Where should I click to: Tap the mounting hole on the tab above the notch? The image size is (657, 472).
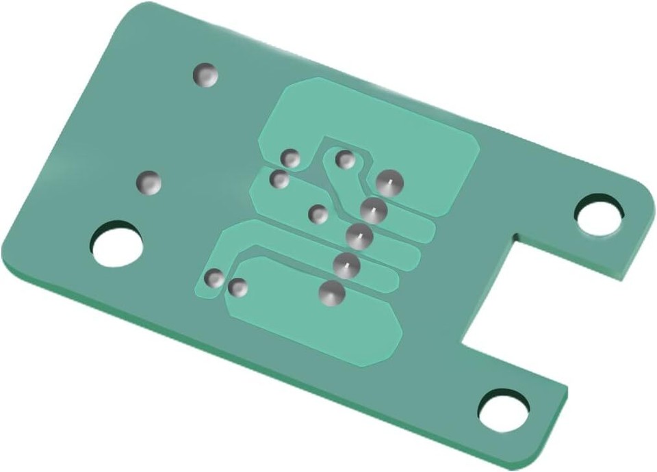click(599, 215)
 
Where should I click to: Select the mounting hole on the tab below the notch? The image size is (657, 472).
click(504, 410)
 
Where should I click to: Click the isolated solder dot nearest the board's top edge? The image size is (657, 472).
click(205, 75)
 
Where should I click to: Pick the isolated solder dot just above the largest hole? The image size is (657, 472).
click(149, 182)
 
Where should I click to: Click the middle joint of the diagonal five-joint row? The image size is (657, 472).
click(359, 237)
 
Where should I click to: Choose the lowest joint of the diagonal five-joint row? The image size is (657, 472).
click(332, 293)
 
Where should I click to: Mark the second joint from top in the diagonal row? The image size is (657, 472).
click(374, 209)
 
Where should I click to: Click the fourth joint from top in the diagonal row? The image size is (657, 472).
click(346, 263)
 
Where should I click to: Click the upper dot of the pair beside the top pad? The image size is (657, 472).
click(292, 159)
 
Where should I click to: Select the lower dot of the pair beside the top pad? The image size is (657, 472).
click(279, 180)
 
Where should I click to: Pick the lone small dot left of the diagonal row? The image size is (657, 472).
click(318, 214)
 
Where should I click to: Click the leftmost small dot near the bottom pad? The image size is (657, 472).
click(215, 278)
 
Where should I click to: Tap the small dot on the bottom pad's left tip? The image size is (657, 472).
click(238, 288)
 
